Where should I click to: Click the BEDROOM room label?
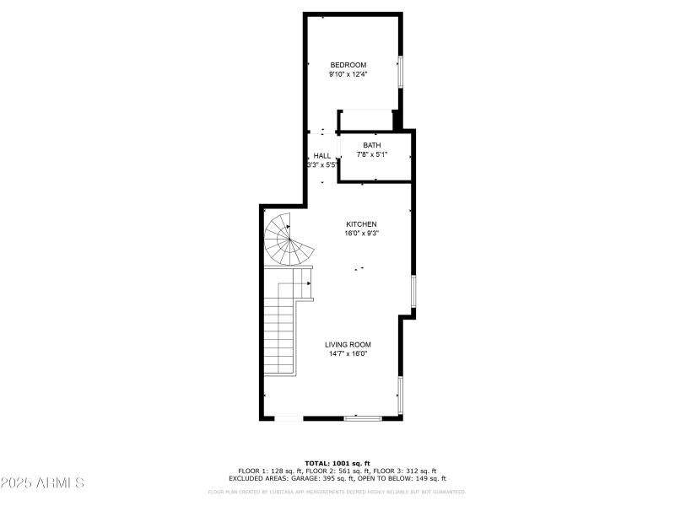(x=348, y=65)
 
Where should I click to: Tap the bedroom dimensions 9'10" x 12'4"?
(x=348, y=74)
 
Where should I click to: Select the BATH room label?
(x=372, y=146)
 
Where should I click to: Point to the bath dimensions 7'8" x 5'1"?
(x=372, y=154)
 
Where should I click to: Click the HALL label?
(x=322, y=156)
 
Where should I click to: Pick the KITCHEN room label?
(x=361, y=224)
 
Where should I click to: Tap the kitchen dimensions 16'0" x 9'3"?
(x=361, y=234)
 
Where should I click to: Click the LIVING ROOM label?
(x=348, y=344)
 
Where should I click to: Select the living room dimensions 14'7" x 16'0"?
(x=348, y=353)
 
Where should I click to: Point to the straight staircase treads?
(x=279, y=337)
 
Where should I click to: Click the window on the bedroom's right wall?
(x=401, y=71)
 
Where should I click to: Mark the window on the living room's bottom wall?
(x=364, y=417)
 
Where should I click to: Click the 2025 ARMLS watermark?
(x=42, y=483)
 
